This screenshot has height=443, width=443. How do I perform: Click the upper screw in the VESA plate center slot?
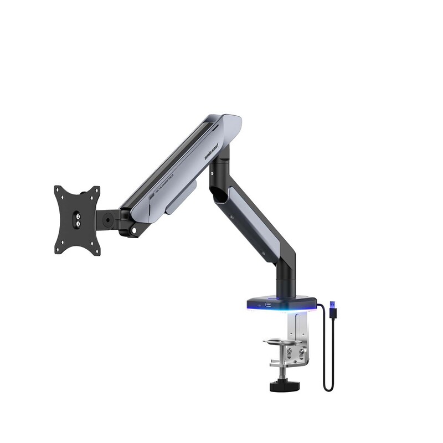click(77, 213)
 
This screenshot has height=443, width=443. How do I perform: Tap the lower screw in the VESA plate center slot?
click(78, 224)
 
